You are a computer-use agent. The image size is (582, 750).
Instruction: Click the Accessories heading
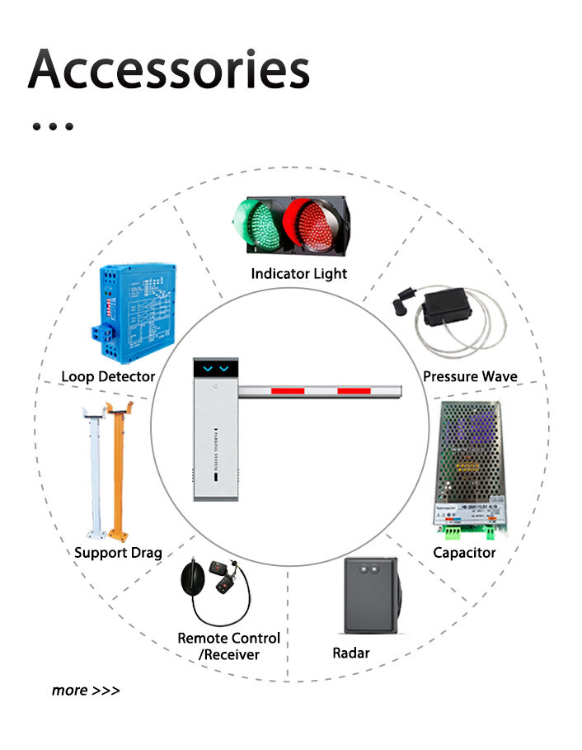pyautogui.click(x=169, y=69)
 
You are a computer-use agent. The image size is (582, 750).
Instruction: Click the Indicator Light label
pyautogui.click(x=299, y=273)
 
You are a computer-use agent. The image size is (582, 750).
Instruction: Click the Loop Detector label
pyautogui.click(x=108, y=376)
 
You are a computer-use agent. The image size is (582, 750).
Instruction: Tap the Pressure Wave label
pyautogui.click(x=470, y=376)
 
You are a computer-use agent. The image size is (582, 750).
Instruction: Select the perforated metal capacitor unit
pyautogui.click(x=468, y=466)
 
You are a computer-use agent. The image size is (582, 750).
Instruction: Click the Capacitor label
pyautogui.click(x=465, y=552)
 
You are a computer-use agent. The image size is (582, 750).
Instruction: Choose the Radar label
pyautogui.click(x=351, y=653)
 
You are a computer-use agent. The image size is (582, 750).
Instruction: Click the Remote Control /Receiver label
pyautogui.click(x=229, y=646)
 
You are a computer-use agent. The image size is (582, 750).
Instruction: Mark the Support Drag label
pyautogui.click(x=118, y=552)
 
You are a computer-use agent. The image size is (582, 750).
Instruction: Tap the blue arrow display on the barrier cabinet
pyautogui.click(x=214, y=368)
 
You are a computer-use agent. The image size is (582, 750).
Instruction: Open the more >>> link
pyautogui.click(x=86, y=690)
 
